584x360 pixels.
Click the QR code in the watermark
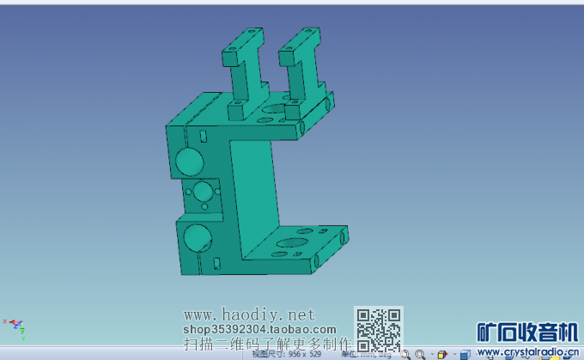click(378, 328)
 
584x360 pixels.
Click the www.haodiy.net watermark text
click(250, 314)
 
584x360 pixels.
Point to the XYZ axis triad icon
click(16, 325)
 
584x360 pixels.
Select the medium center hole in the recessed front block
click(203, 191)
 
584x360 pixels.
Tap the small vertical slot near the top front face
click(202, 135)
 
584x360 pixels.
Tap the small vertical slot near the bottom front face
click(216, 262)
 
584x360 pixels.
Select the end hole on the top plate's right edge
click(326, 105)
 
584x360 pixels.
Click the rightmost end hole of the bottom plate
click(344, 235)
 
